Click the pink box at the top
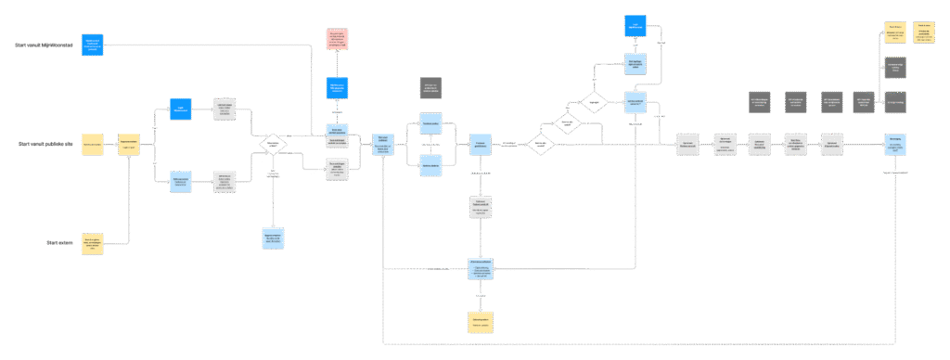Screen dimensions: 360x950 (337, 39)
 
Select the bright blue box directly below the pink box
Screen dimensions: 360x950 (337, 88)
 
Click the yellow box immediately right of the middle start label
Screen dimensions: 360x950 (93, 145)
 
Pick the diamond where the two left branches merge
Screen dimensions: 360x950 (273, 145)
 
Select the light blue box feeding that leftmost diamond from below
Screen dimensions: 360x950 (273, 238)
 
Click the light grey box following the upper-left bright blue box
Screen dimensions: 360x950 (225, 109)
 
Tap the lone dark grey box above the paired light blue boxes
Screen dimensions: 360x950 (430, 88)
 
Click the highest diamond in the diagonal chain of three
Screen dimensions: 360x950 (594, 101)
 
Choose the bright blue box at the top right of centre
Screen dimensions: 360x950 (635, 26)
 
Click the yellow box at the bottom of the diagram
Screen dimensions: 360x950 (480, 322)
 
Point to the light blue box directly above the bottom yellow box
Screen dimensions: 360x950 (480, 269)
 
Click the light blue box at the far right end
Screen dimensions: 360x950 (894, 144)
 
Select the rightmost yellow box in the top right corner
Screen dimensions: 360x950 (924, 32)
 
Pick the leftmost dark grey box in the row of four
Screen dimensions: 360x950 (760, 101)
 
